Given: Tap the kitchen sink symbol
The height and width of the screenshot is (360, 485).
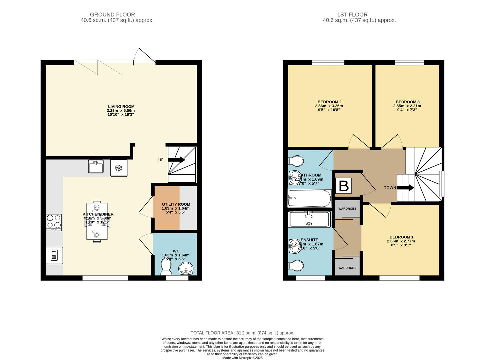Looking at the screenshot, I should (x=96, y=166).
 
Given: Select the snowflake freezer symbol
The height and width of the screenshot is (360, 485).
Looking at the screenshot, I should (x=119, y=168).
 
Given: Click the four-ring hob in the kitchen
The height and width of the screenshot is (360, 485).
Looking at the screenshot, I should (x=54, y=222).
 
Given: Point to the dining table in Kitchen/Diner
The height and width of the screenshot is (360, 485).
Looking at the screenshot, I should (x=97, y=221).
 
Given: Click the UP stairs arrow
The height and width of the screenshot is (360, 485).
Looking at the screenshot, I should (x=176, y=160).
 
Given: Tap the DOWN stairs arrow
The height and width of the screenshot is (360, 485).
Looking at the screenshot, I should (x=405, y=188).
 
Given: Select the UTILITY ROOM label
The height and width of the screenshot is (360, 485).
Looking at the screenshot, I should (x=176, y=204).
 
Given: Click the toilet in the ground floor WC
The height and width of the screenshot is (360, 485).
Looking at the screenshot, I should (x=166, y=267).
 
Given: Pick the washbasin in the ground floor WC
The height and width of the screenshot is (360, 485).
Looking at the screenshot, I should (x=185, y=269).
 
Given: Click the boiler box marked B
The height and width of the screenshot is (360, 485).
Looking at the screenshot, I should (x=344, y=186).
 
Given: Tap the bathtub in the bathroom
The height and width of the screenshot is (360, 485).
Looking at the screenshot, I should (x=309, y=198).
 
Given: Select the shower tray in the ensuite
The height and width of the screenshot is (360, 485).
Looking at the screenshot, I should (x=309, y=219).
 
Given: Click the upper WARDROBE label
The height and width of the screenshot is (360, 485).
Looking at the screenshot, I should (x=347, y=209).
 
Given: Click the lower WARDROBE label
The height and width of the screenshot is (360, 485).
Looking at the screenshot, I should (x=347, y=268).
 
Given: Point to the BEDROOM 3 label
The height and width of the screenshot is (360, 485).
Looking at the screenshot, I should (x=407, y=102).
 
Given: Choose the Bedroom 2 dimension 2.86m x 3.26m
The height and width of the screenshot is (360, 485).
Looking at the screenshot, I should (x=329, y=106).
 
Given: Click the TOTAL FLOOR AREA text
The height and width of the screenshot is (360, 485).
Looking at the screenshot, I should (x=242, y=333).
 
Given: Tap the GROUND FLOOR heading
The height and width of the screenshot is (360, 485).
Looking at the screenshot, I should (x=112, y=15).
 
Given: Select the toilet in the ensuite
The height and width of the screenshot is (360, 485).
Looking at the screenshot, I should (x=296, y=266).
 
